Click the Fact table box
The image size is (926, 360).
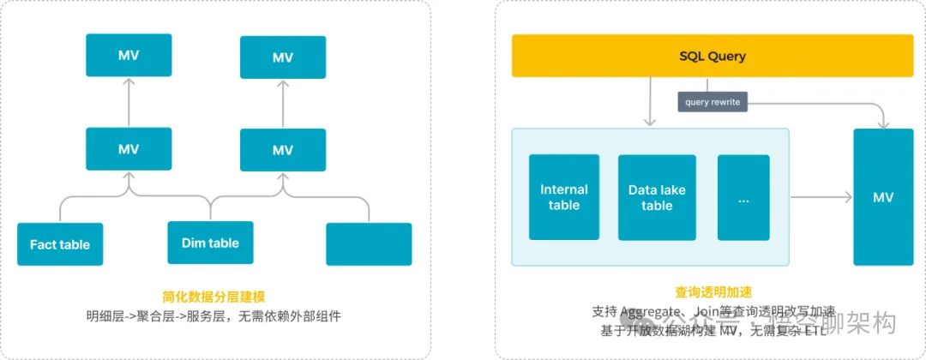coord(60,244)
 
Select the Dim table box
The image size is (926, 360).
coord(210,243)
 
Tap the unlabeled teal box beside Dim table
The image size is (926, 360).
coord(369,244)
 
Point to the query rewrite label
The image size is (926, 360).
coord(712,102)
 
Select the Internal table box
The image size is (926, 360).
coord(564,197)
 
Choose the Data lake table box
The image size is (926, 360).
coord(657,197)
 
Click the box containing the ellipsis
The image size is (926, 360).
coord(743,197)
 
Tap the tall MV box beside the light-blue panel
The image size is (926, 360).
coord(883,197)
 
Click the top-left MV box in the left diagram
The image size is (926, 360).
coord(129,56)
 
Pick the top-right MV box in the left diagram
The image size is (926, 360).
coord(283,57)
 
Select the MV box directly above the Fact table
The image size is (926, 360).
coord(129,148)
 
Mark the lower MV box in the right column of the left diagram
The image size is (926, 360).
coord(283,150)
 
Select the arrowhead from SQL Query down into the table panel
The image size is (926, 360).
coord(652,123)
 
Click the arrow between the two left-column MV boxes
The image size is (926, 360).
coord(129,102)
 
